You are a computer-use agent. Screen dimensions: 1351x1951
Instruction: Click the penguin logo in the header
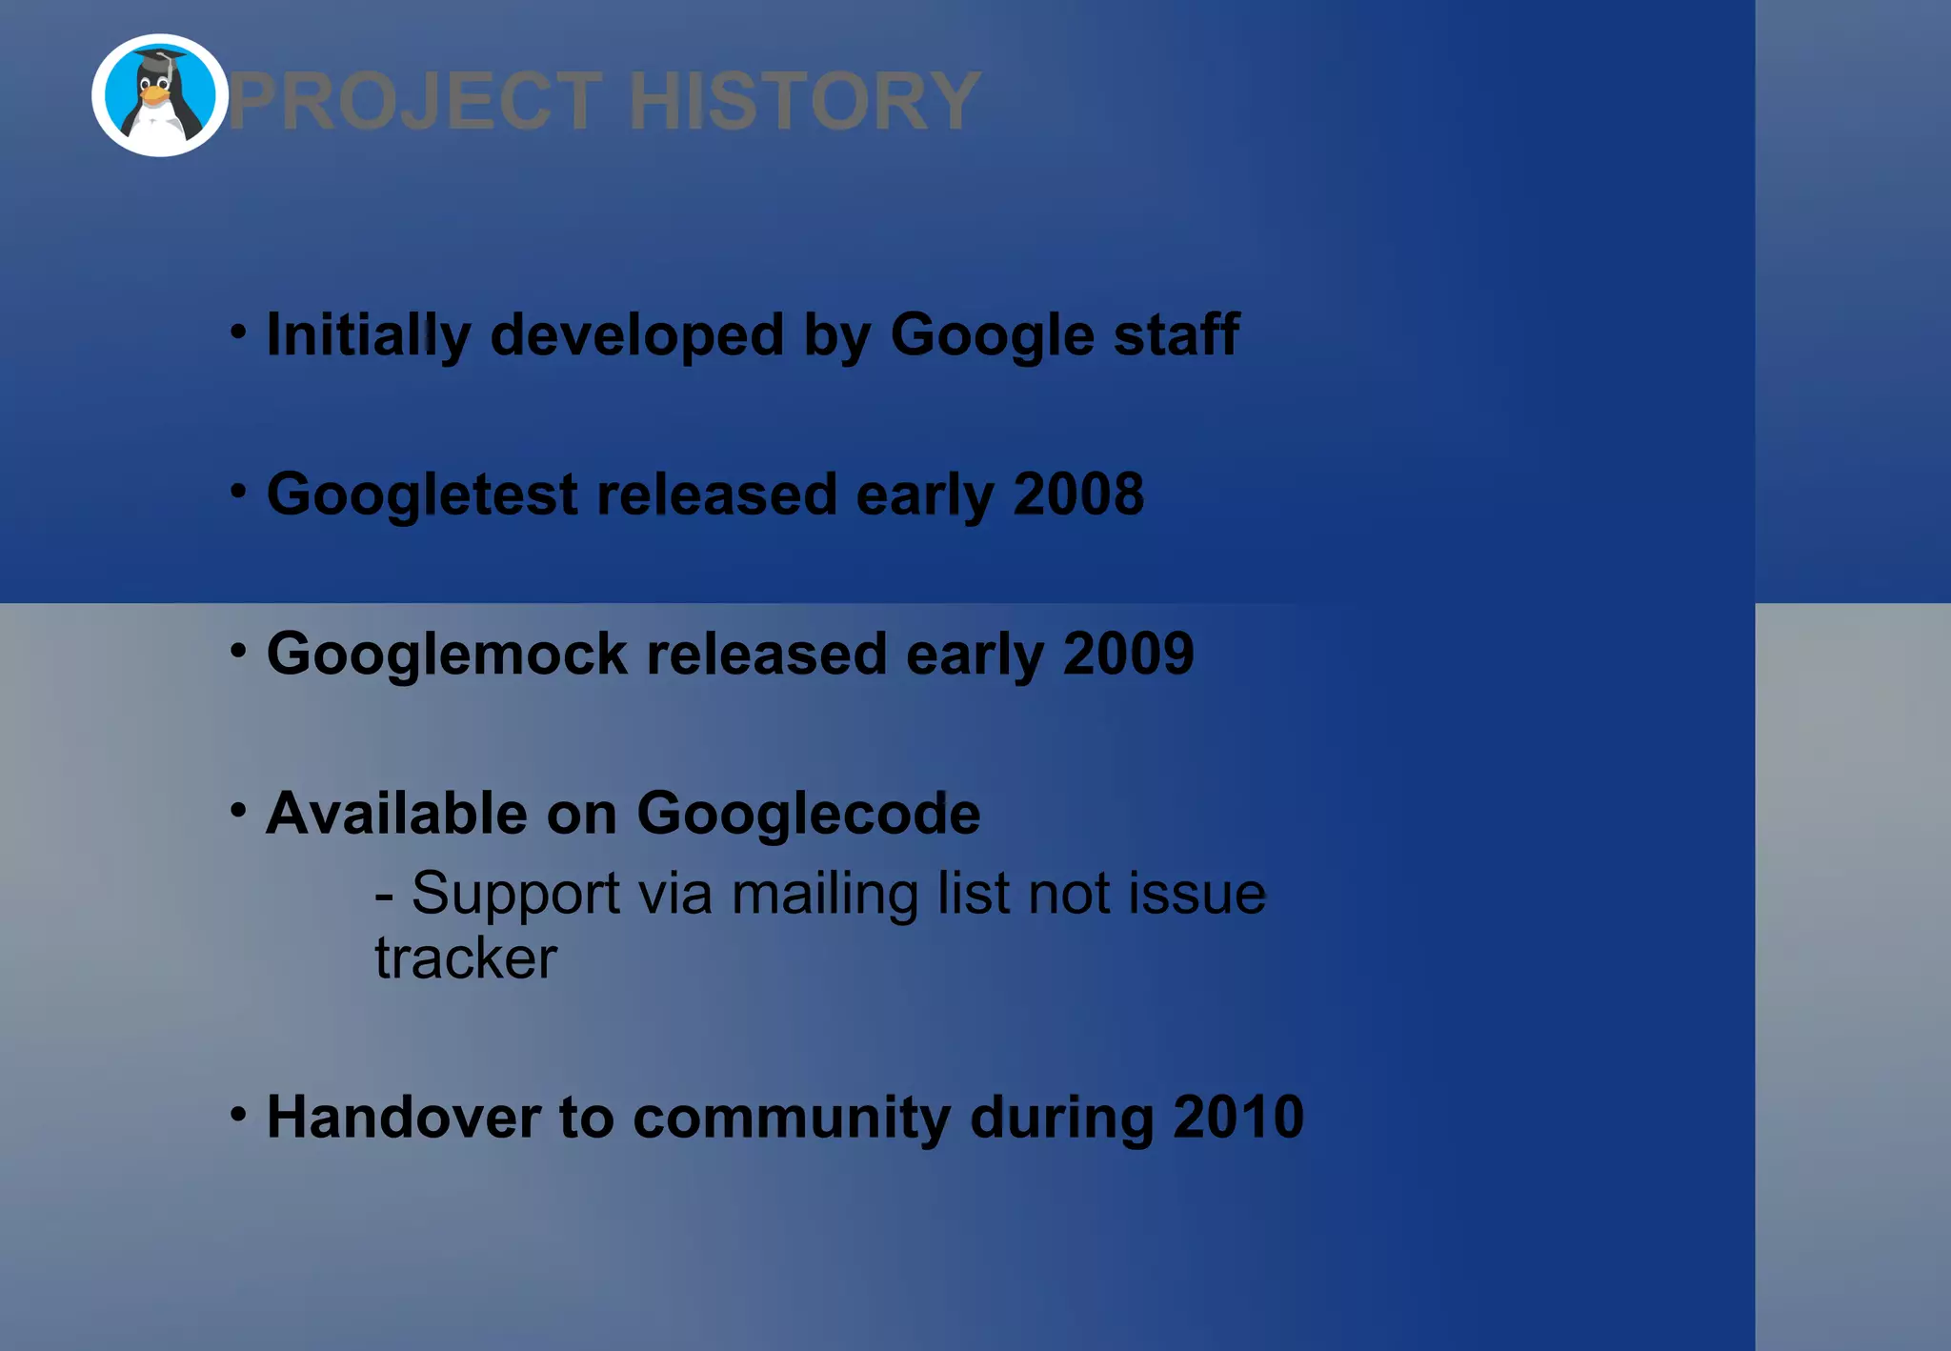pyautogui.click(x=159, y=95)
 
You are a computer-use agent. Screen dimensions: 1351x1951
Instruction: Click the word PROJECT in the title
pyautogui.click(x=415, y=101)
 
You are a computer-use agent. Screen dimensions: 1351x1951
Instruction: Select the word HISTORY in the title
pyautogui.click(x=804, y=101)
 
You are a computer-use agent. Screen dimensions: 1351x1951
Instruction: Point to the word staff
pyautogui.click(x=1176, y=335)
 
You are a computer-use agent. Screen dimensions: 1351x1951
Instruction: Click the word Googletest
pyautogui.click(x=422, y=494)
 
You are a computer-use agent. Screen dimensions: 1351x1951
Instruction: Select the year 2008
pyautogui.click(x=1077, y=494)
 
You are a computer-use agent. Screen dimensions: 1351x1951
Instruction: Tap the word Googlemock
pyautogui.click(x=447, y=655)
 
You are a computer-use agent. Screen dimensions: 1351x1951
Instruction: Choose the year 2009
pyautogui.click(x=1128, y=655)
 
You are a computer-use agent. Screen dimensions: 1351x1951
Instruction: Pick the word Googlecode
pyautogui.click(x=808, y=814)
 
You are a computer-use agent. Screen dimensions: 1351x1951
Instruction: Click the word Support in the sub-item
pyautogui.click(x=515, y=894)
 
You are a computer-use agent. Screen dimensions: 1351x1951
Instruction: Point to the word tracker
pyautogui.click(x=465, y=958)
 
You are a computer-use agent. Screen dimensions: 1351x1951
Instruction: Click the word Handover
pyautogui.click(x=403, y=1117)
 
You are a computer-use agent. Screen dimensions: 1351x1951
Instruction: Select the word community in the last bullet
pyautogui.click(x=791, y=1117)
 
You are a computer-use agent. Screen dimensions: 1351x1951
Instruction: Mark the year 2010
pyautogui.click(x=1237, y=1117)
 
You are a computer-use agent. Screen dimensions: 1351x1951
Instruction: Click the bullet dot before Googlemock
pyautogui.click(x=238, y=651)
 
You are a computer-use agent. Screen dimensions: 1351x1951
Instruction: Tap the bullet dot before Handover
pyautogui.click(x=238, y=1113)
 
